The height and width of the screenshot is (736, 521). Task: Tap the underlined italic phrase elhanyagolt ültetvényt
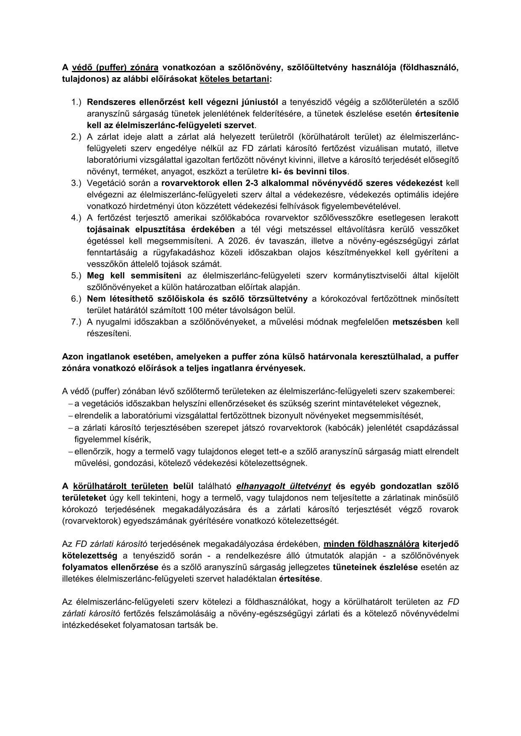pyautogui.click(x=284, y=486)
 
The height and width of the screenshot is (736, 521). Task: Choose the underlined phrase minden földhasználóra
pyautogui.click(x=371, y=544)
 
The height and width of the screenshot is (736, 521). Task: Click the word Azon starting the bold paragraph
pyautogui.click(x=72, y=356)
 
